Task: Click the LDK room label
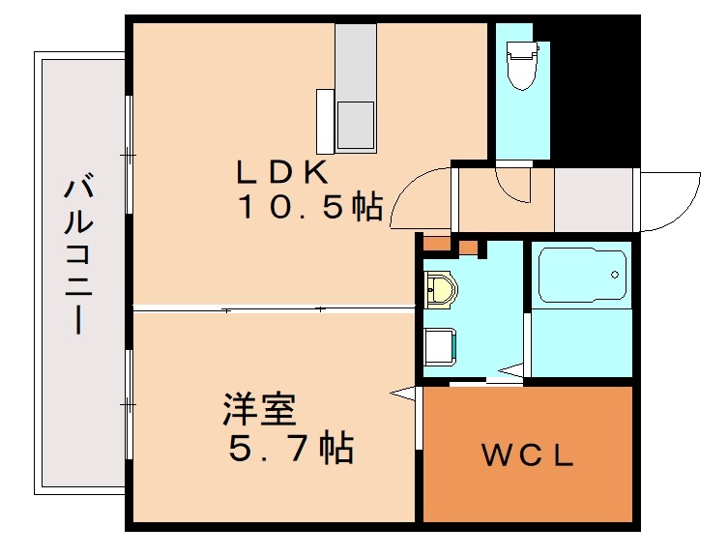(x=284, y=173)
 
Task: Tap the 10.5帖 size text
(x=309, y=207)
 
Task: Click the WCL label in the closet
(x=529, y=454)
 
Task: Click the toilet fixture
(x=522, y=64)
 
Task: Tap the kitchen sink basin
(x=355, y=122)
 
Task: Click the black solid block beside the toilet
(x=595, y=87)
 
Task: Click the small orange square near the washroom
(x=469, y=247)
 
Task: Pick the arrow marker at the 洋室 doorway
(x=401, y=392)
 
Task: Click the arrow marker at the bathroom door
(x=511, y=368)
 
